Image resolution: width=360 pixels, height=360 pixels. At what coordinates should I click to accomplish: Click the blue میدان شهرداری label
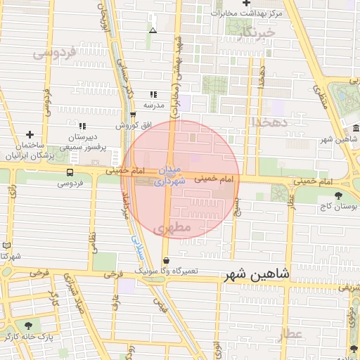click(x=169, y=175)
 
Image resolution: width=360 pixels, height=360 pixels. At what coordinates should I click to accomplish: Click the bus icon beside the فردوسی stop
click(x=70, y=172)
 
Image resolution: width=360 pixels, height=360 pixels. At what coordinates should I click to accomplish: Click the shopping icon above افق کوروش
click(x=133, y=115)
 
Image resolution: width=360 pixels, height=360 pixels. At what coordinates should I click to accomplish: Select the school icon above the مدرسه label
click(x=153, y=94)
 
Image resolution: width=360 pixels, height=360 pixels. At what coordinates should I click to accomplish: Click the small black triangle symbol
click(x=153, y=30)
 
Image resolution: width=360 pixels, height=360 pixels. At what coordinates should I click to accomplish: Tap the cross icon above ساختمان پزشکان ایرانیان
click(x=30, y=134)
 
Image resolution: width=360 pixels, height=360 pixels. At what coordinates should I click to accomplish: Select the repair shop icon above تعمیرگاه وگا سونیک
click(x=165, y=259)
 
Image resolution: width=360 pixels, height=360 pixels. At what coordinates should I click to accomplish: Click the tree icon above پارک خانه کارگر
click(x=28, y=326)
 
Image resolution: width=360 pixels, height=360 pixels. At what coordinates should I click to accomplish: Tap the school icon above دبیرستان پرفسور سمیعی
click(x=82, y=126)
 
